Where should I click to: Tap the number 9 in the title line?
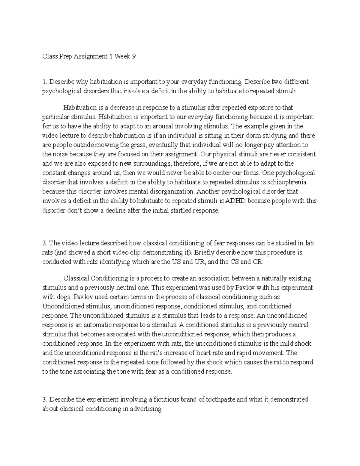tap(130, 56)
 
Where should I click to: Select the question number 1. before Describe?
tap(45, 82)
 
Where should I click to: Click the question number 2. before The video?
tap(45, 243)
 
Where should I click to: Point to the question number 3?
tap(45, 399)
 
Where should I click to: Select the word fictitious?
tap(168, 399)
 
